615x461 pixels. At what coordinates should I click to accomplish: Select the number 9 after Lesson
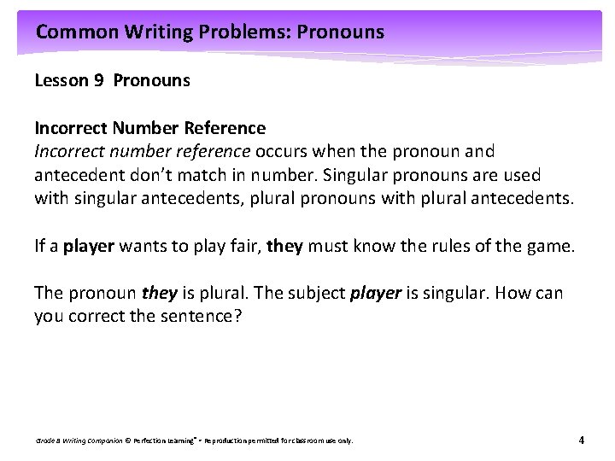[x=98, y=81]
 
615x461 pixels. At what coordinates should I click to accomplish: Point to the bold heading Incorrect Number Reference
[x=149, y=128]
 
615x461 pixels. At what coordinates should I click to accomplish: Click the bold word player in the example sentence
[x=88, y=247]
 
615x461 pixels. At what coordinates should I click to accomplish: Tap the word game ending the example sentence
[x=553, y=247]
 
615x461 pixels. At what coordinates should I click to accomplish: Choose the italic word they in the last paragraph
[x=160, y=294]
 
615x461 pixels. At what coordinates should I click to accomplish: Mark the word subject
[x=315, y=294]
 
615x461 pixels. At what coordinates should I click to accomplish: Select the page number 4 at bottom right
[x=582, y=441]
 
